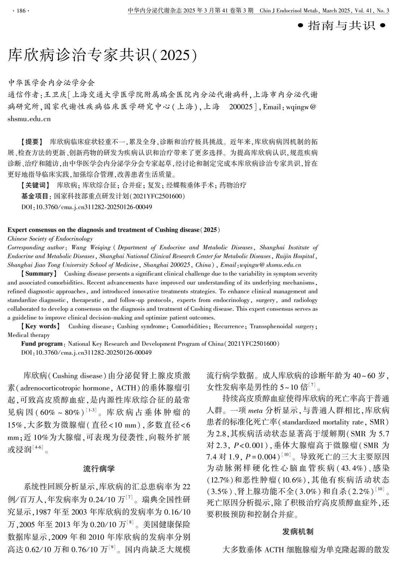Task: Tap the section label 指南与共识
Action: pos(341,26)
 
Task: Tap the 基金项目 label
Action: pos(36,196)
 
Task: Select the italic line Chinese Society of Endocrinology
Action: pos(50,239)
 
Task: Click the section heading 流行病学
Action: pos(99,469)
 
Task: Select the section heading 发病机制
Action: pos(298,531)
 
